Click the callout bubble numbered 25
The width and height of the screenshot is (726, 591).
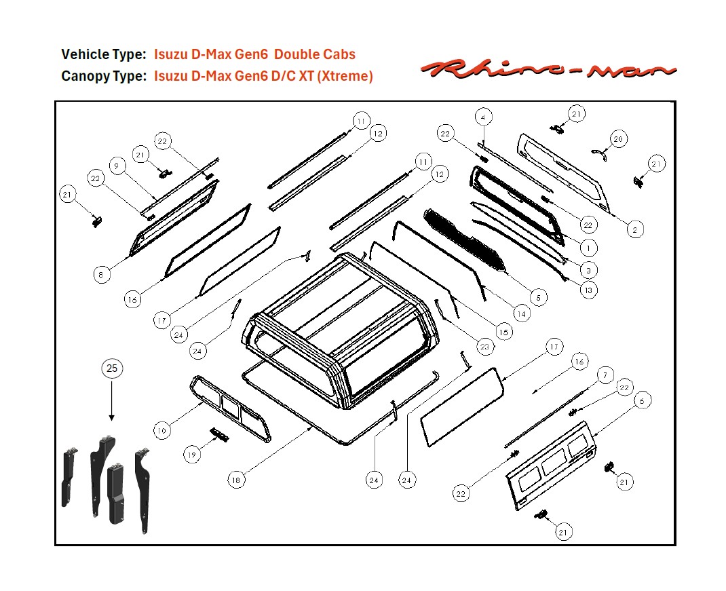click(x=112, y=368)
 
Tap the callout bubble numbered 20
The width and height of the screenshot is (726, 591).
click(x=617, y=139)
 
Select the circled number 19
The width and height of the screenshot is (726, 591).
click(x=193, y=455)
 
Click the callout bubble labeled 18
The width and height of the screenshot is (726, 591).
click(x=235, y=480)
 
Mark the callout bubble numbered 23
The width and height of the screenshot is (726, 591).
click(x=484, y=347)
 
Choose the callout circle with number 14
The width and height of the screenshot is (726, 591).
click(x=521, y=314)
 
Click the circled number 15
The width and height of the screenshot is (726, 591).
click(x=503, y=332)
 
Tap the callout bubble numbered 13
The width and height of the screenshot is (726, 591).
click(x=588, y=290)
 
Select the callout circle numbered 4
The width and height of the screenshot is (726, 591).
click(x=482, y=117)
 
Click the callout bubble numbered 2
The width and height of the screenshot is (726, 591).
click(x=634, y=231)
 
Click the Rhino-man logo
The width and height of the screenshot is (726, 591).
click(x=548, y=69)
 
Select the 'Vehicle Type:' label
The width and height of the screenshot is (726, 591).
click(x=103, y=54)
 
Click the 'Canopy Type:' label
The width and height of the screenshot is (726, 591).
click(x=103, y=77)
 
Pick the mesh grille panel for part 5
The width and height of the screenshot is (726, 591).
click(x=465, y=241)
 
